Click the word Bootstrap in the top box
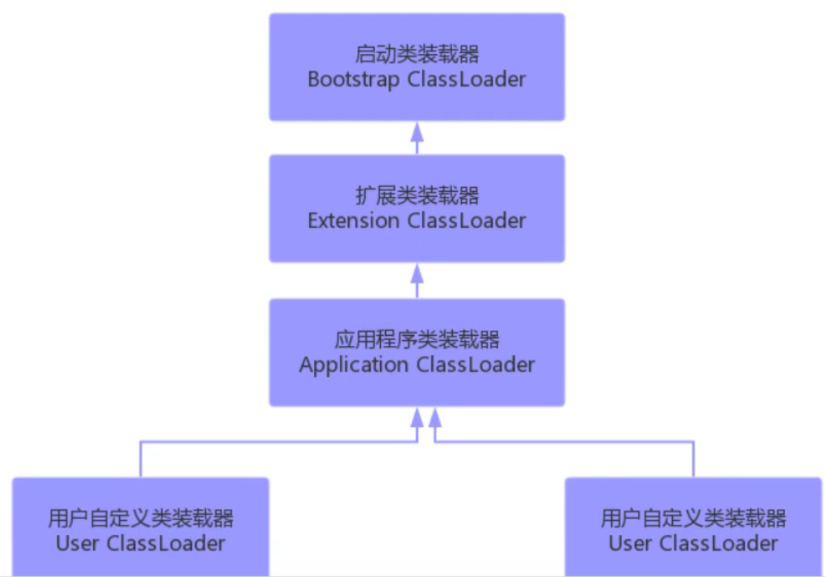point(354,79)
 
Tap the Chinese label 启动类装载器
point(417,54)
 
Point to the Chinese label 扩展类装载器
point(417,196)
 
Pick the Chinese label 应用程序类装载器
point(417,339)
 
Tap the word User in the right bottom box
point(631,543)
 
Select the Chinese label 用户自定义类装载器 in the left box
point(140,518)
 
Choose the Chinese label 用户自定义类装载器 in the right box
point(693,518)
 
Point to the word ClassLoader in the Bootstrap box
point(467,79)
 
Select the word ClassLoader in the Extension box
point(467,221)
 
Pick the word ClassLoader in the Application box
point(476,365)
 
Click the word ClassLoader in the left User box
point(167,543)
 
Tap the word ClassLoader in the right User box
point(719,543)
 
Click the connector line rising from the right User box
point(693,459)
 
